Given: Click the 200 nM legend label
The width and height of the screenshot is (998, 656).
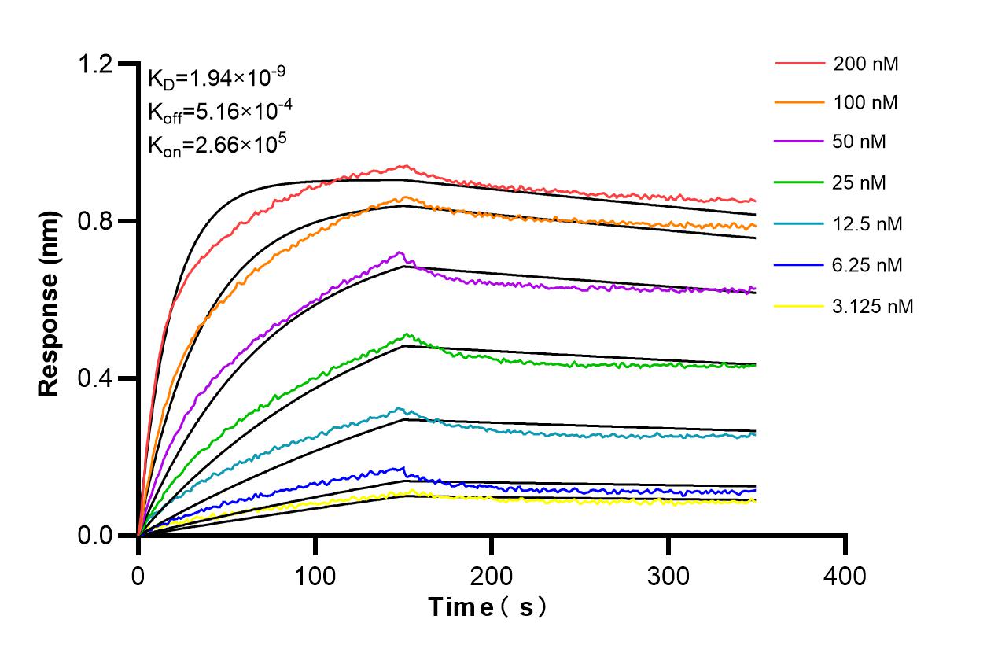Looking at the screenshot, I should click(866, 64).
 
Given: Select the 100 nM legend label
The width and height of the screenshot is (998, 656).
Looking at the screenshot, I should click(866, 103).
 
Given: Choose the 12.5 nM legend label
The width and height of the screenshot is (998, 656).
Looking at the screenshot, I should click(868, 224).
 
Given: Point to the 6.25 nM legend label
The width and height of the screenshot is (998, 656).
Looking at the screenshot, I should click(868, 265).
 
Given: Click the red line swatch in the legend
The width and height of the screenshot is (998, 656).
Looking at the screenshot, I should click(799, 63).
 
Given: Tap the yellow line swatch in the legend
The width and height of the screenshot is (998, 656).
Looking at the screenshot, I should click(799, 305).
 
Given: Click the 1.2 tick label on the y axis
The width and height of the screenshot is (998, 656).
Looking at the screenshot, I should click(98, 64).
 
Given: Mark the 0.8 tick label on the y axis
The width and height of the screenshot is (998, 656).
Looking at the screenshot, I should click(98, 221).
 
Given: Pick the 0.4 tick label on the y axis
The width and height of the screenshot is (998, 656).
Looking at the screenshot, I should click(98, 378).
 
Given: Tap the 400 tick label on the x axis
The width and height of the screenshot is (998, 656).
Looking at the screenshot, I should click(845, 577).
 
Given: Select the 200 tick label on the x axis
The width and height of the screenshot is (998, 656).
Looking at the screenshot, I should click(492, 577).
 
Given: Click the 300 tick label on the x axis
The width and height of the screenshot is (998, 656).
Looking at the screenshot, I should click(668, 577).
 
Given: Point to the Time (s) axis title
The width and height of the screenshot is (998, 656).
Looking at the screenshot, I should click(487, 607).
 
